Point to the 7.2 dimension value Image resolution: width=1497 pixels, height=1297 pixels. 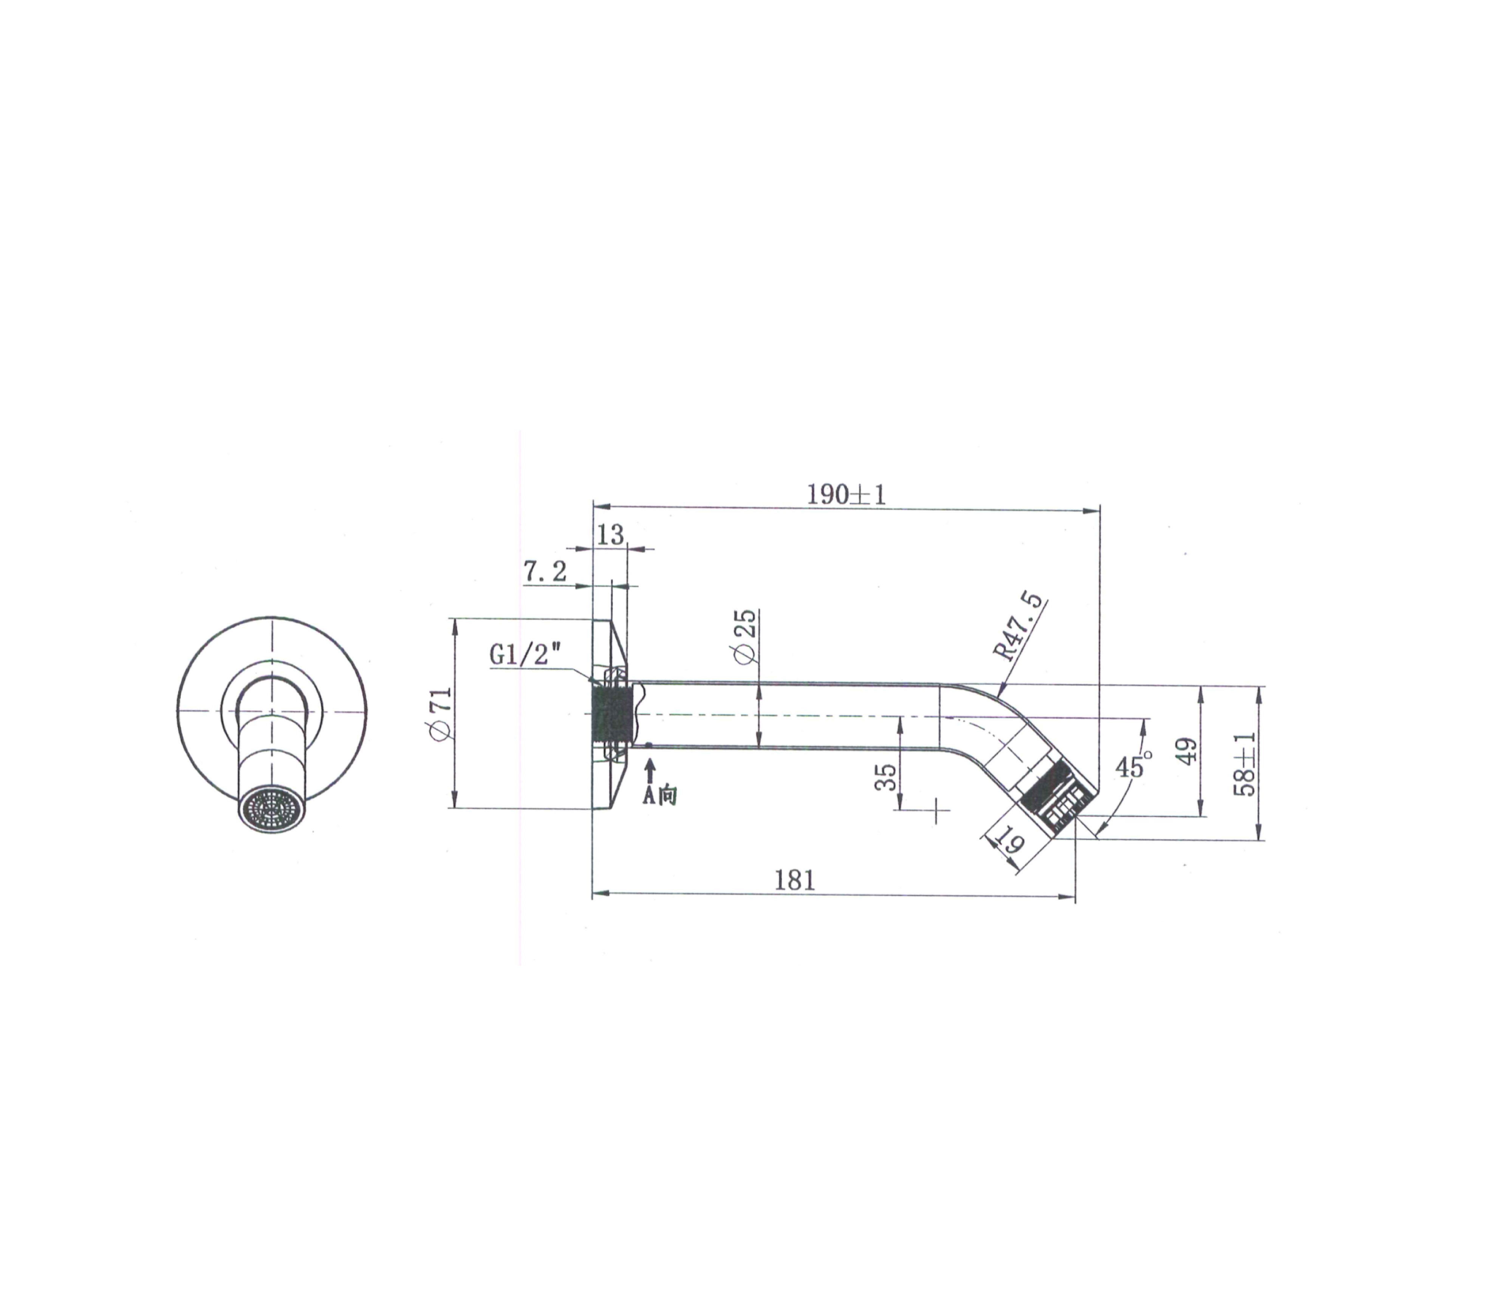tap(545, 572)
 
